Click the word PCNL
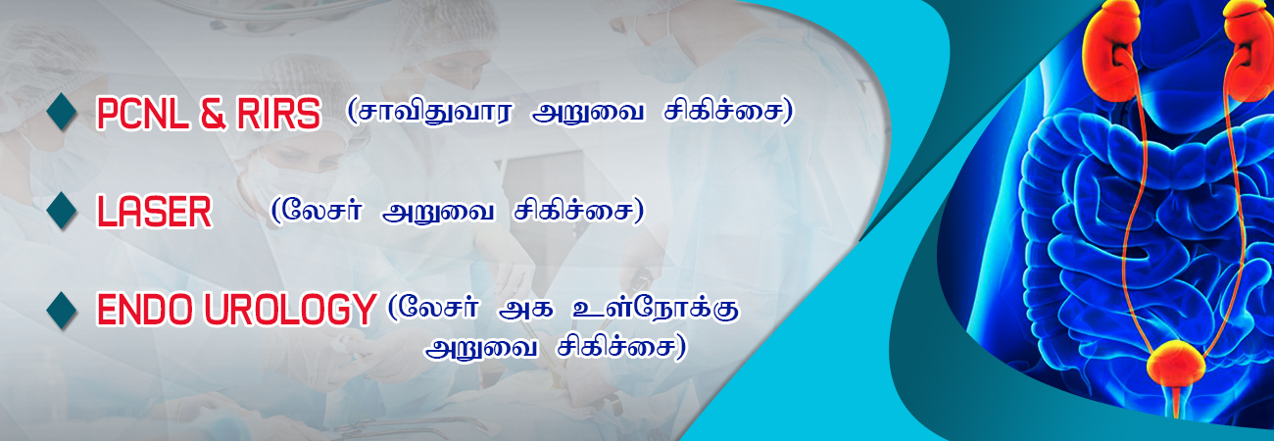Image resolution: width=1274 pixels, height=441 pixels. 143,114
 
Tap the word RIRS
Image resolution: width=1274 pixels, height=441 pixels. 278,114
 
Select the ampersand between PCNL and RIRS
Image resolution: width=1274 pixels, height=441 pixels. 213,114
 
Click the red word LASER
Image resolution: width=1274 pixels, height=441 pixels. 154,212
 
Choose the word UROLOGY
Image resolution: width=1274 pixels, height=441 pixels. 289,310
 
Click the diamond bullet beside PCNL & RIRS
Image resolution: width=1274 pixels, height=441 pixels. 62,112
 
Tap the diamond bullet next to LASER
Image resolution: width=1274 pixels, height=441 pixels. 62,211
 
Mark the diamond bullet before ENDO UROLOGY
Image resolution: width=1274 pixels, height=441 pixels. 62,310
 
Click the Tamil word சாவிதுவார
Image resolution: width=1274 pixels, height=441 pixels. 430,112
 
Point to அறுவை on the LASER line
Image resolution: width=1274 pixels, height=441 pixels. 438,213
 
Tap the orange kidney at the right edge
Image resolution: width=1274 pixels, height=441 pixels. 1251,51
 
